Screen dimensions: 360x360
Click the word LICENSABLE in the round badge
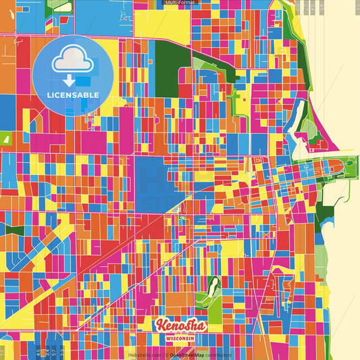73,95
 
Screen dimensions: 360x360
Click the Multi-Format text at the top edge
179,3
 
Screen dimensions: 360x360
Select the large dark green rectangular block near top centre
163,68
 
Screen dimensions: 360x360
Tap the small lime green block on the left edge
7,138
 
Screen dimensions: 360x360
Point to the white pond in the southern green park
215,284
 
